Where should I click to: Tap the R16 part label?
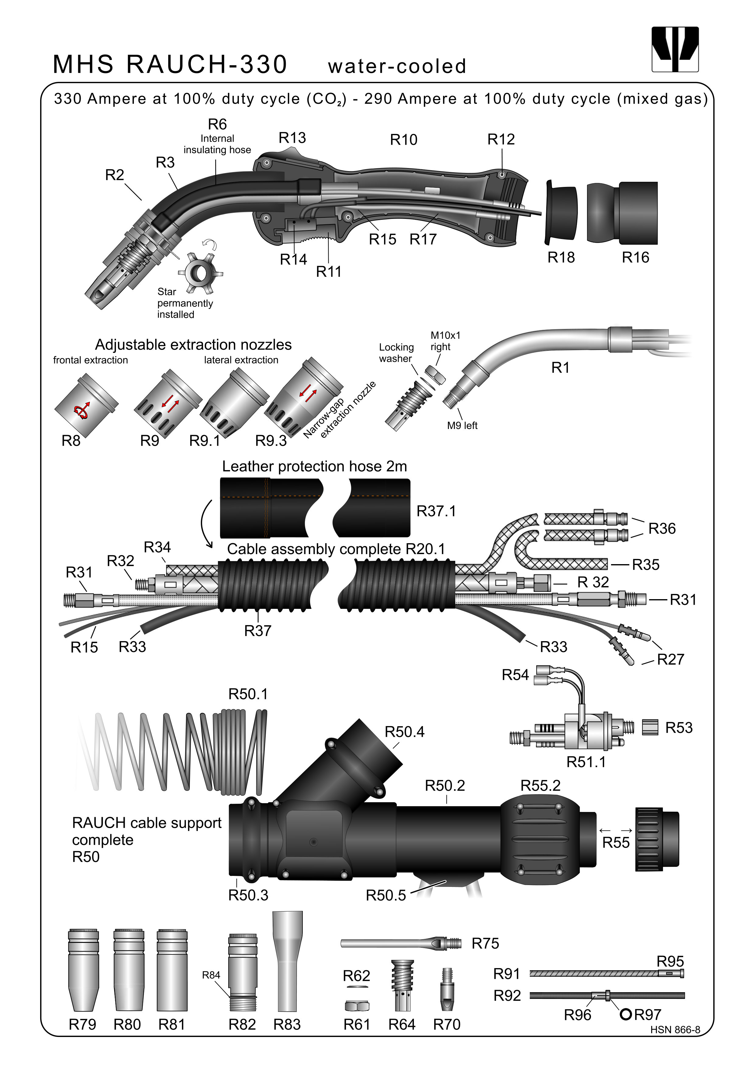click(x=635, y=257)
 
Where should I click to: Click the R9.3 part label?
click(x=271, y=441)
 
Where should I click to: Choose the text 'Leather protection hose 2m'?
click(x=314, y=466)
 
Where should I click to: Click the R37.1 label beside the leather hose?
click(x=436, y=511)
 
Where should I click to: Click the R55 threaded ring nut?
click(x=656, y=840)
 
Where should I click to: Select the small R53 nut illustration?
click(x=650, y=727)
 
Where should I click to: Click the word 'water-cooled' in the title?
click(x=397, y=66)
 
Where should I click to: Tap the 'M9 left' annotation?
click(x=462, y=425)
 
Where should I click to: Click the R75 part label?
click(x=485, y=943)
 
